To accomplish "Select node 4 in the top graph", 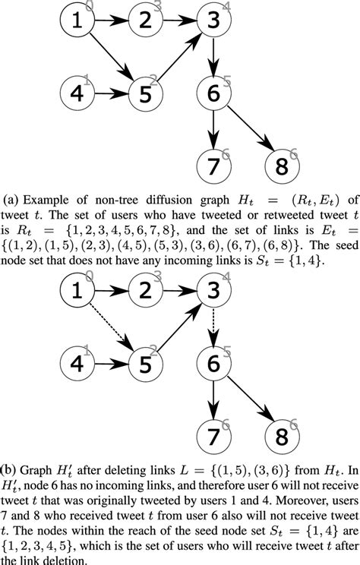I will pyautogui.click(x=76, y=94).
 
